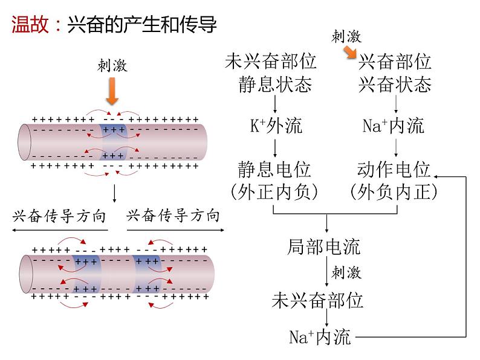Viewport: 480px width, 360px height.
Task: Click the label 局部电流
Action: [325, 246]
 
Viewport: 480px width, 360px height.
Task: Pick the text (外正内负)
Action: [276, 192]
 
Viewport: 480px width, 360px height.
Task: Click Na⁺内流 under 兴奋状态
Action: [394, 126]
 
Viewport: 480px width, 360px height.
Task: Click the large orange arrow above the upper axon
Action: [112, 92]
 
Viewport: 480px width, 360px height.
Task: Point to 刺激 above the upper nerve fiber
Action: [112, 65]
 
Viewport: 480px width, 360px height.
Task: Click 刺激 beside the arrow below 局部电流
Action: [346, 272]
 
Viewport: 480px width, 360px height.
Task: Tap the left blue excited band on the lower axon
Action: [86, 275]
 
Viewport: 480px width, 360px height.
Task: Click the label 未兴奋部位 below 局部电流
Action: [318, 300]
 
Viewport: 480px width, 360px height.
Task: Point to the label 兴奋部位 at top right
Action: [395, 62]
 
